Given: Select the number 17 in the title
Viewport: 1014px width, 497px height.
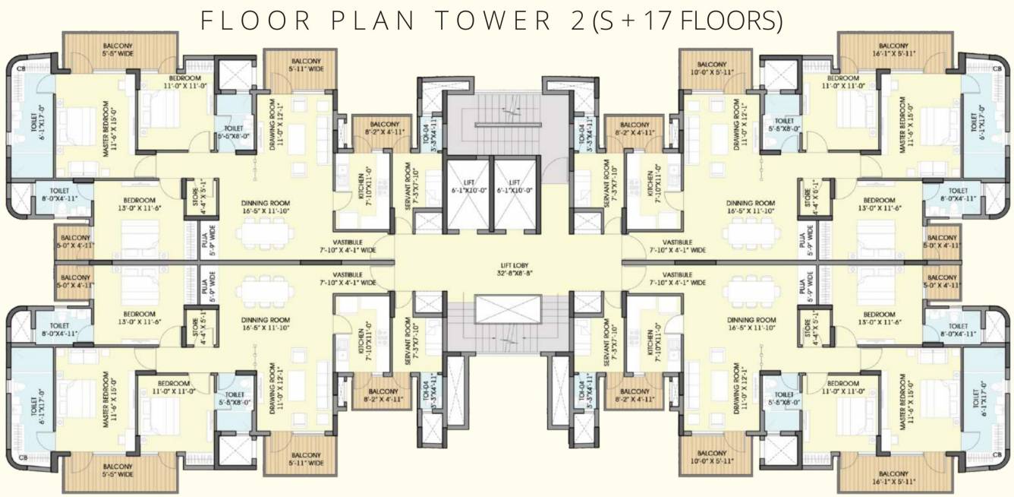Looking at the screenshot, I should tap(660, 21).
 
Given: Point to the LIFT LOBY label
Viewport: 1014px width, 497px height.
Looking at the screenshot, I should tap(507, 269).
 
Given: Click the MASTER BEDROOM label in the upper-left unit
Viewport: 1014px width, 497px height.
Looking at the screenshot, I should tap(109, 128).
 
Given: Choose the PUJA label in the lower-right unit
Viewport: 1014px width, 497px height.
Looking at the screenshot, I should tap(803, 286).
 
